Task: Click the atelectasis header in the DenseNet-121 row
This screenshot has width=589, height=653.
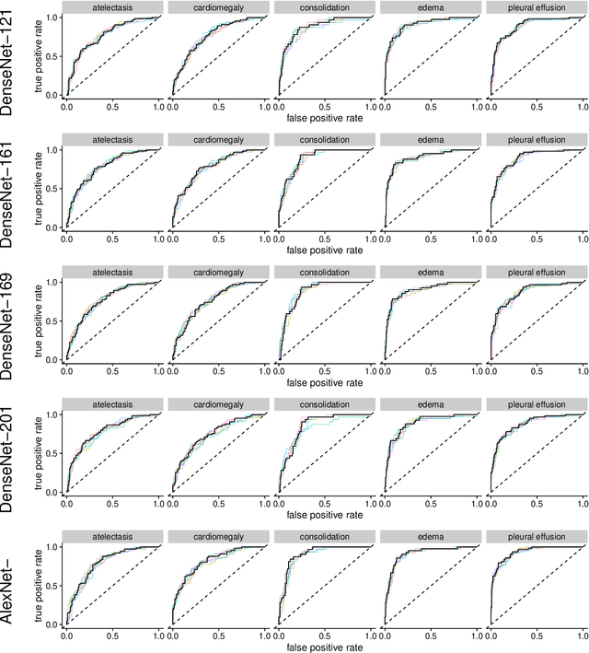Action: click(x=112, y=7)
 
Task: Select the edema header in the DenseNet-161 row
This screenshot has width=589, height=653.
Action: click(x=430, y=140)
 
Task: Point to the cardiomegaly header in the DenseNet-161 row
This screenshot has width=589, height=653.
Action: click(x=218, y=140)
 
